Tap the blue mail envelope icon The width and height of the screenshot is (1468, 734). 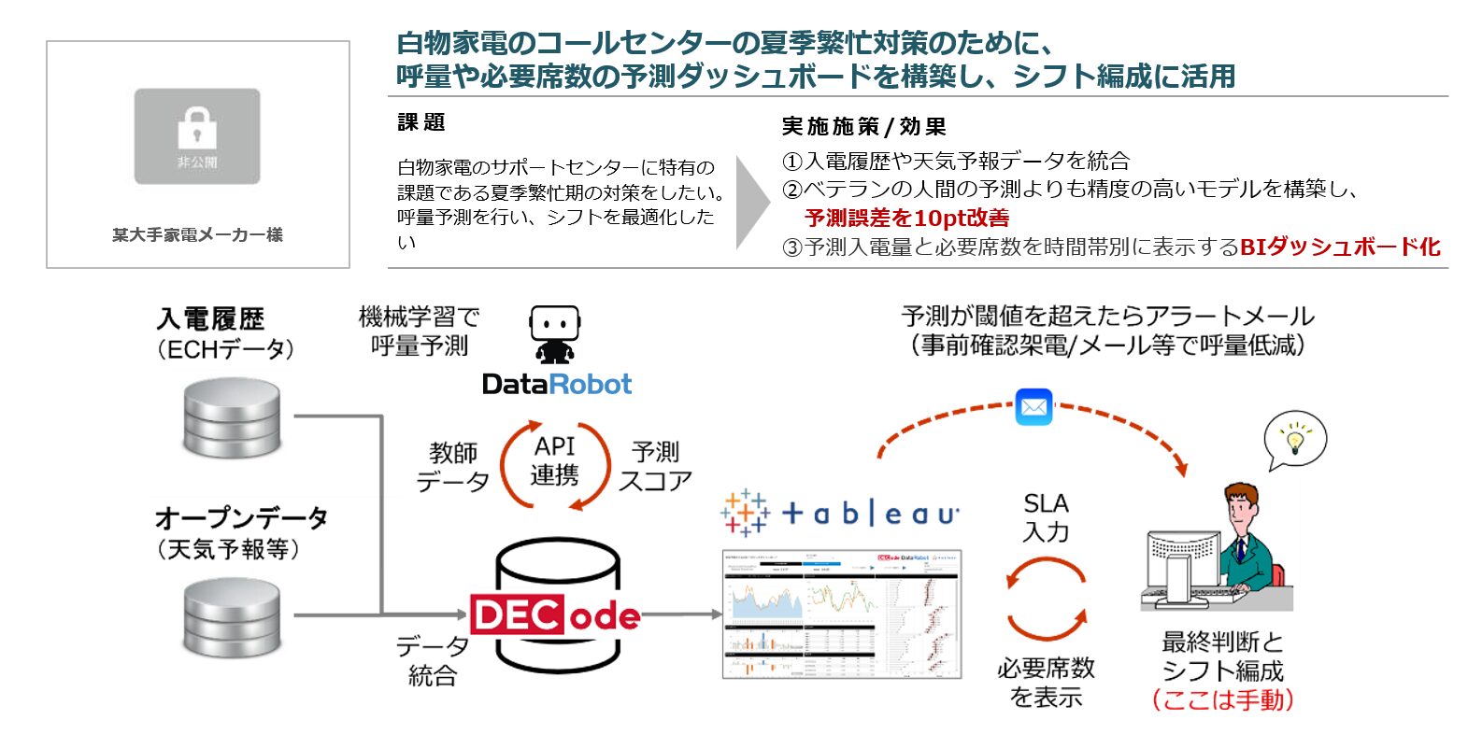tap(1033, 407)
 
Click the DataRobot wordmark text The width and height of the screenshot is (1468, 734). tap(556, 384)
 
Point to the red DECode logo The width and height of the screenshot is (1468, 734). tap(555, 615)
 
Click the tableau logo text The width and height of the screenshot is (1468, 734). tap(869, 513)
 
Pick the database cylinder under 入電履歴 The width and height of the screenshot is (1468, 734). tap(232, 417)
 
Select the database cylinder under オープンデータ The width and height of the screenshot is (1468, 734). tap(232, 616)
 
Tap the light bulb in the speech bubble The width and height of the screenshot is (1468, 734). tap(1295, 438)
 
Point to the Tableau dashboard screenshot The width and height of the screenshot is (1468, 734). tap(842, 614)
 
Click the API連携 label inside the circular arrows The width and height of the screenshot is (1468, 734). tap(555, 461)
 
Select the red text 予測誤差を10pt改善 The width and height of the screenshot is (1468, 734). tap(906, 219)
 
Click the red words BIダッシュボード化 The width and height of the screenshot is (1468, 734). tap(1339, 247)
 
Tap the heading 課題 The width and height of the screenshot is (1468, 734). tap(421, 122)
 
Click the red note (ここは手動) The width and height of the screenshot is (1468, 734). tap(1222, 699)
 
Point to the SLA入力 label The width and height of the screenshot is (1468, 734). tap(1046, 517)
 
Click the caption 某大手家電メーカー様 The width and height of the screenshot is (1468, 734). tap(197, 235)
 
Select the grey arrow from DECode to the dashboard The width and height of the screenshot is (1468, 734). tap(680, 614)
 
